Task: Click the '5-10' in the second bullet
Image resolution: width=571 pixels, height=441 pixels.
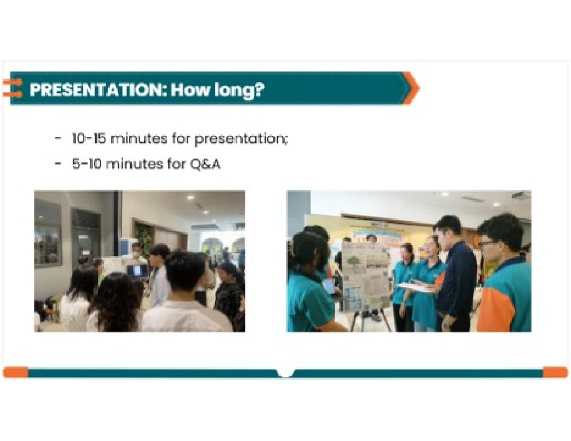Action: tap(86, 165)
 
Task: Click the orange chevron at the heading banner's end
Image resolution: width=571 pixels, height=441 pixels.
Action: tap(410, 88)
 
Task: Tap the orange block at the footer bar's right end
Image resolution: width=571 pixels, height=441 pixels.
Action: tap(555, 372)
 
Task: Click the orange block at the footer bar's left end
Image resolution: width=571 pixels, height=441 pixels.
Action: tap(15, 372)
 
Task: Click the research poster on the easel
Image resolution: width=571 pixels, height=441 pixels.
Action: tap(365, 276)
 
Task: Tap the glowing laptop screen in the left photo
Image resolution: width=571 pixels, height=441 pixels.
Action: tap(137, 271)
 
